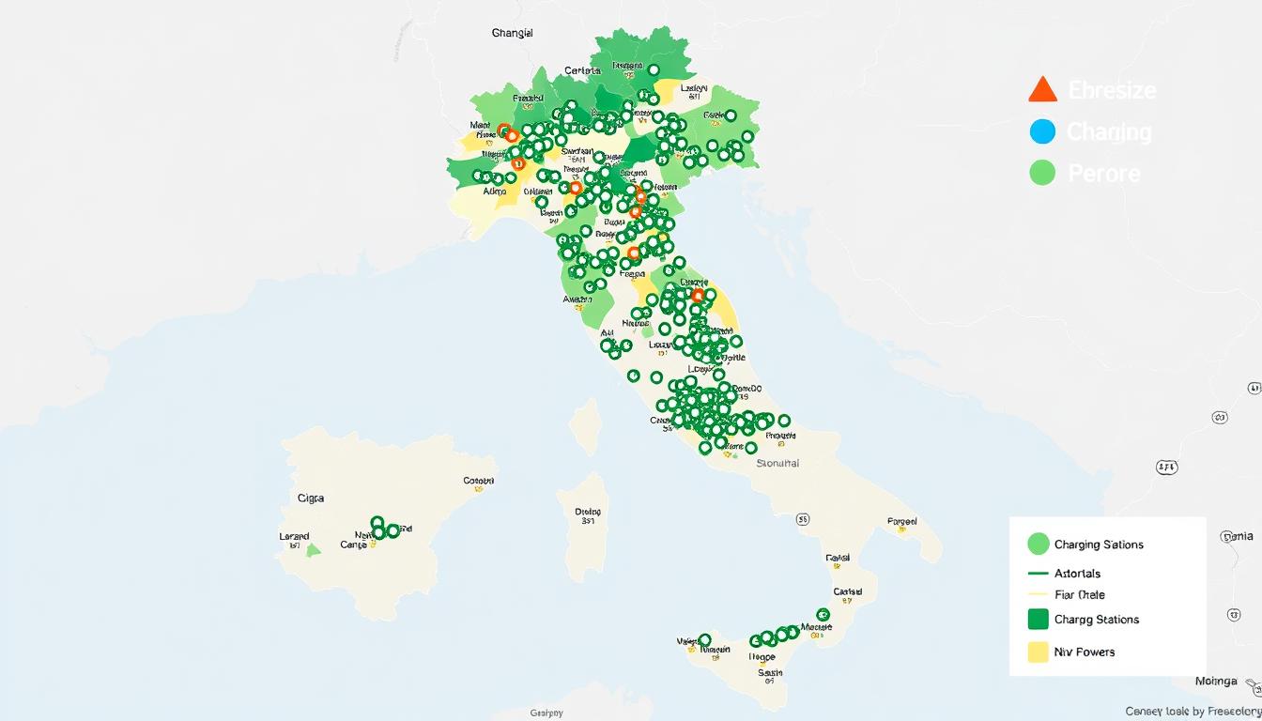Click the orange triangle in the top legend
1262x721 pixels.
[1042, 89]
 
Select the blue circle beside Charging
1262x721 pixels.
[1042, 131]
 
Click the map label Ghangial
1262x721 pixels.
[512, 33]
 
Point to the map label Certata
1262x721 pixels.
[582, 70]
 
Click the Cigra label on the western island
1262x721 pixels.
[310, 499]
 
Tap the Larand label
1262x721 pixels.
[294, 536]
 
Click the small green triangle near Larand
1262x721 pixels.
[314, 549]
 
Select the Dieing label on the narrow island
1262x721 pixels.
[588, 512]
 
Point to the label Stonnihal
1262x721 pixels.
[777, 463]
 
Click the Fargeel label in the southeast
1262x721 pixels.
[901, 520]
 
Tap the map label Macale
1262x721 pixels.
[816, 626]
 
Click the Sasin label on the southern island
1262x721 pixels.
[770, 672]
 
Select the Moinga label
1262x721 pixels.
[1215, 681]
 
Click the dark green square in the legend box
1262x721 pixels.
[1038, 619]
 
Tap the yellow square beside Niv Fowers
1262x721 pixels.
[1038, 652]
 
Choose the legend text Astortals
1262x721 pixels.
[1077, 573]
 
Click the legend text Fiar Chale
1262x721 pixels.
[1079, 594]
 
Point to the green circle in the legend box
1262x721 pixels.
[1038, 544]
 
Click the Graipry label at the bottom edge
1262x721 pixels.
[546, 713]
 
